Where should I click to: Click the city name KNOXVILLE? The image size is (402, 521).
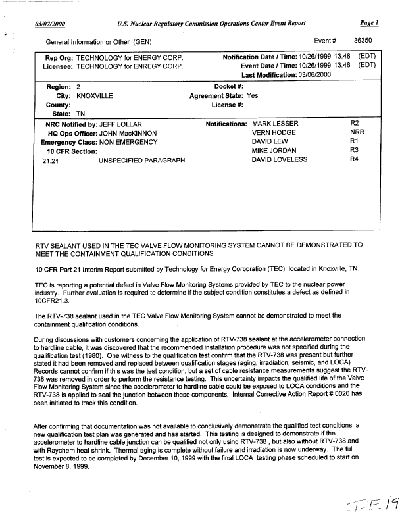click(95, 96)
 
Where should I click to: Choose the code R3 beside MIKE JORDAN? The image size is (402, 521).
click(353, 151)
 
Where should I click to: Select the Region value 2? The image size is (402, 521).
click(78, 87)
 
